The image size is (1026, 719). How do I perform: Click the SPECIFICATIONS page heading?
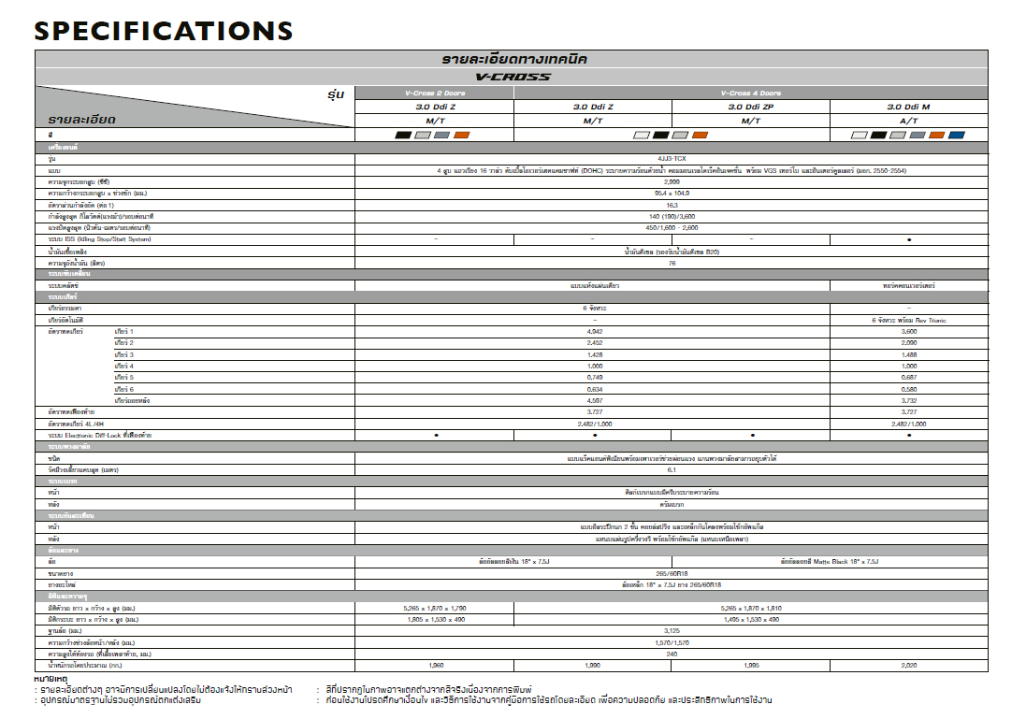click(164, 30)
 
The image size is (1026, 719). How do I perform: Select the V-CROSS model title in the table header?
click(513, 77)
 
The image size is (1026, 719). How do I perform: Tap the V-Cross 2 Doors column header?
click(435, 93)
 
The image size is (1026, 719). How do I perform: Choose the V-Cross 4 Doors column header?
click(750, 93)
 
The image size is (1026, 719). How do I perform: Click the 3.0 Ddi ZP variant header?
click(750, 107)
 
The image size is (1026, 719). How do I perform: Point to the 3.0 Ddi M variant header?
click(908, 107)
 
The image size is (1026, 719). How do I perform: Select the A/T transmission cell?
click(908, 121)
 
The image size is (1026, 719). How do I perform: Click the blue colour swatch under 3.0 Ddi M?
click(956, 136)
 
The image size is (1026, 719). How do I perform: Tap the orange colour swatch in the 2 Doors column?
click(461, 136)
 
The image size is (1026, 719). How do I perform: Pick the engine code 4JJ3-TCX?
click(672, 159)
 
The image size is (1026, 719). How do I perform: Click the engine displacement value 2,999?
click(672, 181)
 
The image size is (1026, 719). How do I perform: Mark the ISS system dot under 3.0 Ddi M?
click(908, 239)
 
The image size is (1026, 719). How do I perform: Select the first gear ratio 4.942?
click(594, 332)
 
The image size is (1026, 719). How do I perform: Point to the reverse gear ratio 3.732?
click(908, 400)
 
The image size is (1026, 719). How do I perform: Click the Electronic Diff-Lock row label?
click(101, 436)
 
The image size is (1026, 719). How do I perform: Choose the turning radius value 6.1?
click(672, 469)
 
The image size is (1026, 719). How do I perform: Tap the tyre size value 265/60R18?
click(672, 572)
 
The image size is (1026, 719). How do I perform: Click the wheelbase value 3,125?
click(672, 630)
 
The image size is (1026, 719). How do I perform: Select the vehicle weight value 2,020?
click(908, 665)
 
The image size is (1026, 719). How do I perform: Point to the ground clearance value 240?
click(672, 654)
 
